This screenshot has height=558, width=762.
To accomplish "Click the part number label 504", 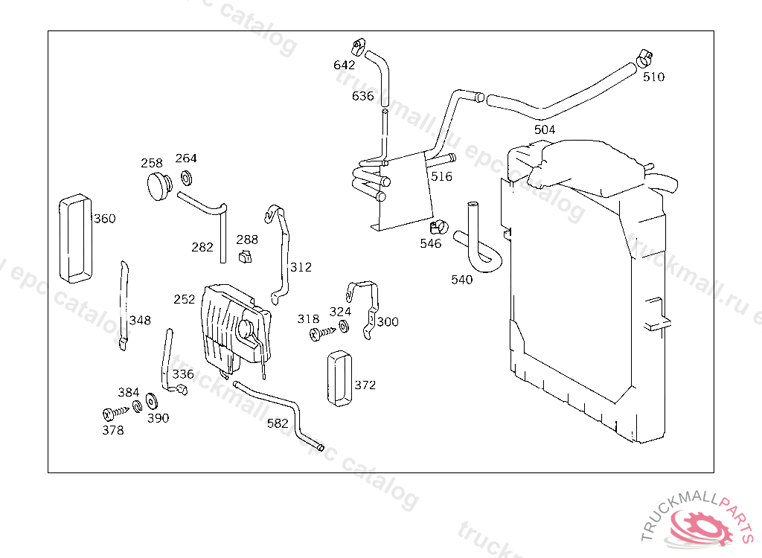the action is coord(544,129).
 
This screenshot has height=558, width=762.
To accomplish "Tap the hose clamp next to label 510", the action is coord(644,59).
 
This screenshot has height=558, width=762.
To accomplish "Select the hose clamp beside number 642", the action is coord(358,46).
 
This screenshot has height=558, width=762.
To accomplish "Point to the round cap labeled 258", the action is coord(159,186).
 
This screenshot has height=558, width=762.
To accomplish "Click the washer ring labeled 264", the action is coord(186,178).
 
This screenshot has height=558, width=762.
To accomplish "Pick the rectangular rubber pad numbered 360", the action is coord(75,238).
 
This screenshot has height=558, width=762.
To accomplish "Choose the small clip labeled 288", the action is coord(246,256).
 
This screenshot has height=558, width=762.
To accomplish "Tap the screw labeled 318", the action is coord(322,333).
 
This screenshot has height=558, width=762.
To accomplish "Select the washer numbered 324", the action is coord(344,326).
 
